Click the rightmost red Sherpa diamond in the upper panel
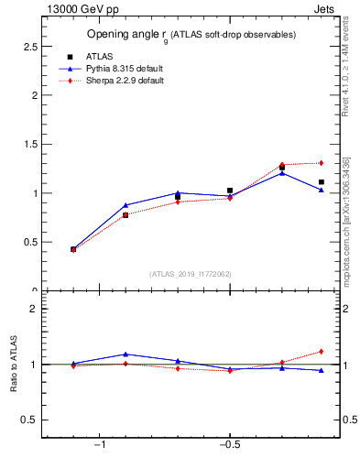[x=321, y=163]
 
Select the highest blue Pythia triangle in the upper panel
[x=282, y=172]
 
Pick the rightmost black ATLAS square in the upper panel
[x=321, y=181]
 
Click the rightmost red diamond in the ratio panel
[x=321, y=351]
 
